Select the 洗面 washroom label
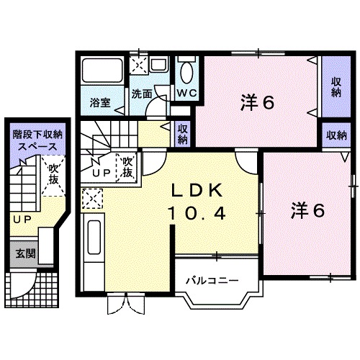click(141, 94)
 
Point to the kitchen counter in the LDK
click(94, 245)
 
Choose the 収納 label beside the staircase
click(183, 134)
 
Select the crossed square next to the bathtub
click(138, 64)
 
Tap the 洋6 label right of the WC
click(257, 103)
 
